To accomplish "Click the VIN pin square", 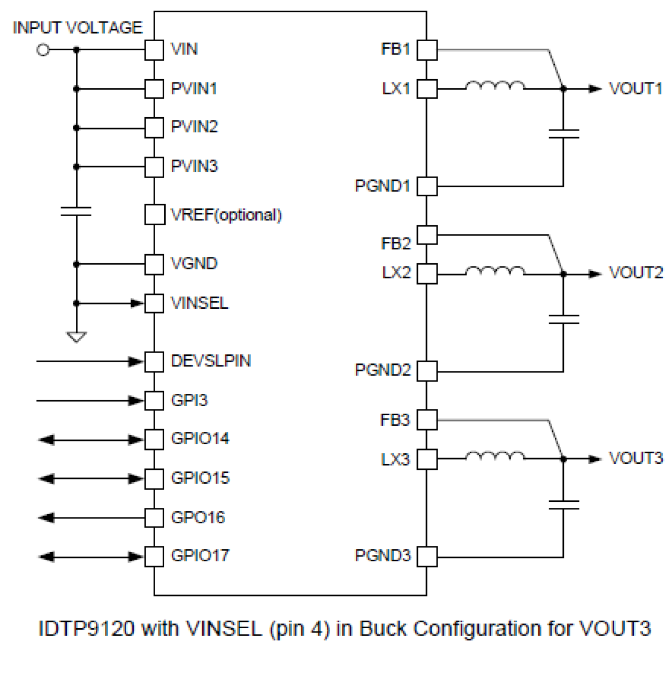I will pyautogui.click(x=154, y=50).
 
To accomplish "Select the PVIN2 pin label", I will pyautogui.click(x=194, y=127).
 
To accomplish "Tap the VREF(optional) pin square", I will pyautogui.click(x=154, y=215).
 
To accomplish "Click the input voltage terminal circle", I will pyautogui.click(x=43, y=50).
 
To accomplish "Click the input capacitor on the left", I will pyautogui.click(x=76, y=211).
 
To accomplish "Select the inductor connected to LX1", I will pyautogui.click(x=494, y=86).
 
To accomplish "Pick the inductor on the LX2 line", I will pyautogui.click(x=494, y=272).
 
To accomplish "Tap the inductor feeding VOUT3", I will pyautogui.click(x=494, y=456).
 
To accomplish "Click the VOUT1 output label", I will pyautogui.click(x=635, y=88).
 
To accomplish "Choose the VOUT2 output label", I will pyautogui.click(x=635, y=273).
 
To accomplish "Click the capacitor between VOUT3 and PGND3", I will pyautogui.click(x=563, y=504).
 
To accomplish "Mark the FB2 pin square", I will pyautogui.click(x=427, y=235).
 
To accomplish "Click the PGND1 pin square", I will pyautogui.click(x=427, y=186).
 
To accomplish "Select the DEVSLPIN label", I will pyautogui.click(x=211, y=361).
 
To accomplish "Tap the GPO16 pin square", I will pyautogui.click(x=154, y=517).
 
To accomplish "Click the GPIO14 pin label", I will pyautogui.click(x=200, y=439).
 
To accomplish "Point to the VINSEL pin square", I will pyautogui.click(x=154, y=303).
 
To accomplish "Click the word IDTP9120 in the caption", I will pyautogui.click(x=86, y=629).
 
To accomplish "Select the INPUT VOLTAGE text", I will pyautogui.click(x=78, y=28).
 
